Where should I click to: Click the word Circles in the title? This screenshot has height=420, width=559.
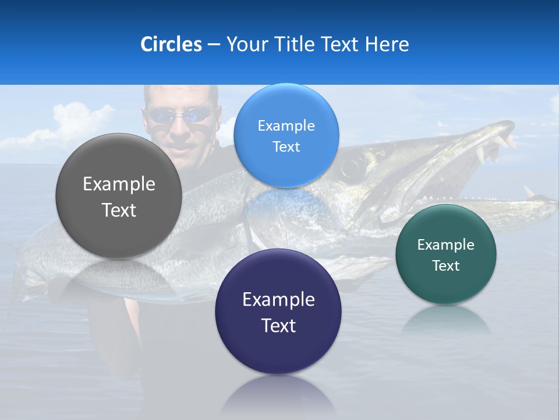[171, 44]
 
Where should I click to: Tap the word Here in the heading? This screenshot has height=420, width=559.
[387, 44]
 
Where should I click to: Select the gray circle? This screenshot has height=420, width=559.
[119, 196]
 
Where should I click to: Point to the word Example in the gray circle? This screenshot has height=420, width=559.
[119, 184]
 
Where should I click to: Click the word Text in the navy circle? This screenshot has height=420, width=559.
[278, 325]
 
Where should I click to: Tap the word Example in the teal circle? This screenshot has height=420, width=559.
[446, 245]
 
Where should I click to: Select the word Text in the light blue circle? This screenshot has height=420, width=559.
[286, 146]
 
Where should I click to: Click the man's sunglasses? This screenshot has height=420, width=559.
[179, 115]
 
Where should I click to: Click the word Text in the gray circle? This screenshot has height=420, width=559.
[119, 210]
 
